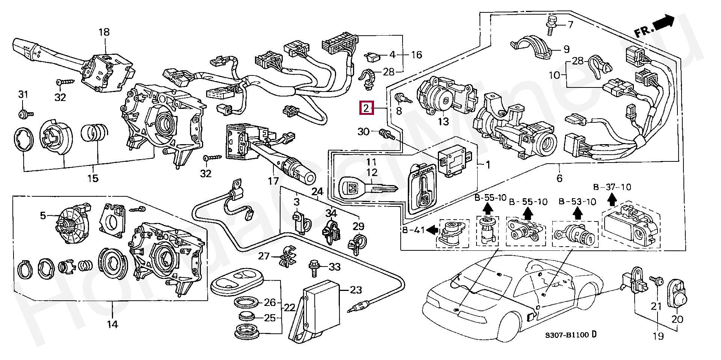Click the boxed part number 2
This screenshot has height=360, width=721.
(x=366, y=108)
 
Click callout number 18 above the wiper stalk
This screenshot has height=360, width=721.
(x=104, y=32)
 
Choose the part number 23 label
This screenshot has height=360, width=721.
(x=356, y=290)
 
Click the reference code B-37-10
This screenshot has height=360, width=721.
(x=612, y=187)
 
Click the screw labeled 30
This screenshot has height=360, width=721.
(x=385, y=134)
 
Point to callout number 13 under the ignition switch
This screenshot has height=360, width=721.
(x=443, y=121)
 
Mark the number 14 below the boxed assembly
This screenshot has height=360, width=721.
(x=113, y=324)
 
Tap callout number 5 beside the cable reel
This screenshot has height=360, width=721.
(x=43, y=215)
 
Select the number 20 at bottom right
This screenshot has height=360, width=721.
(x=678, y=319)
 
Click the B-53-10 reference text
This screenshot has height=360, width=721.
(x=577, y=202)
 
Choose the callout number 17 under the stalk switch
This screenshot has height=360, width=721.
(x=273, y=181)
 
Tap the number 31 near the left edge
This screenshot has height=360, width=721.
(x=23, y=95)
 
